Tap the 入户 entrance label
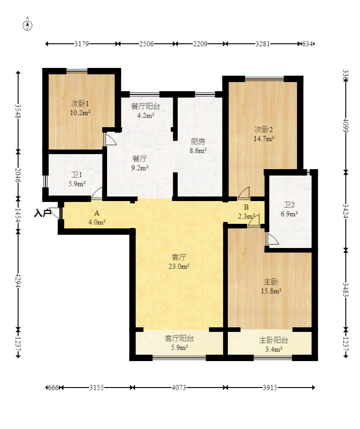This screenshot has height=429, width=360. pos(42,213)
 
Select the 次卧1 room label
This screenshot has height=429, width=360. pos(80,103)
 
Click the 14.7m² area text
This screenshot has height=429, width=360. pos(264,139)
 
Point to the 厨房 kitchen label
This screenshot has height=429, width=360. pos(198,141)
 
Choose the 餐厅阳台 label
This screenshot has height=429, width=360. pos(145,106)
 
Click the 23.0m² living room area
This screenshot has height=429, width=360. pos(179,266)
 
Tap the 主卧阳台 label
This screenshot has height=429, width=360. pos(273,340)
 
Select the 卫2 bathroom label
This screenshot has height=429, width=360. pos(289,205)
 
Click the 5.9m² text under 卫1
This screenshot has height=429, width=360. pos(77,184)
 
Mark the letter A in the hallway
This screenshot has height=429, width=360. pos(97,213)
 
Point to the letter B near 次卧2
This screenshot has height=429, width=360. pos(246,207)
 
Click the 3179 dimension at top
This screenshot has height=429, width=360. pos(82,44)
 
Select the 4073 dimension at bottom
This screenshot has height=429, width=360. pos(179,388)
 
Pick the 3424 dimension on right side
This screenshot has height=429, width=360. pos(346,211)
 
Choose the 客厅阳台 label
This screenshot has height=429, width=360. pos(179,338)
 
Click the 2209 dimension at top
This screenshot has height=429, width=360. pos(200,44)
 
